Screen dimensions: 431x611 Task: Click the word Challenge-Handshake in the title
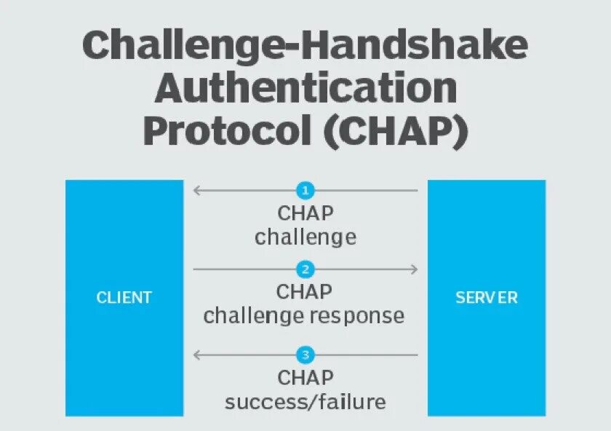click(x=305, y=46)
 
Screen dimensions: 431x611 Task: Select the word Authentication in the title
click(x=305, y=89)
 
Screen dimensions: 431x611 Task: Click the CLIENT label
click(x=124, y=298)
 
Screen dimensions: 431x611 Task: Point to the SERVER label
click(x=487, y=298)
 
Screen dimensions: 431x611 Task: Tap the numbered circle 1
click(x=305, y=191)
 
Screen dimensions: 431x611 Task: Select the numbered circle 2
click(x=305, y=269)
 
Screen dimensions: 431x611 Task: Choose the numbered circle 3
click(x=305, y=355)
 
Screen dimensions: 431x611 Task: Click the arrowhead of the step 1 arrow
click(x=196, y=191)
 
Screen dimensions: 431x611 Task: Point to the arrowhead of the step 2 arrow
click(x=415, y=269)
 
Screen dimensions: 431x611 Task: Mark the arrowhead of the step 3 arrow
click(x=196, y=355)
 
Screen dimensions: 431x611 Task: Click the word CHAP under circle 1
click(x=305, y=214)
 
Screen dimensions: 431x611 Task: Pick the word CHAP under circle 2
click(x=305, y=292)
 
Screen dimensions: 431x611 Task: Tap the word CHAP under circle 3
click(x=305, y=378)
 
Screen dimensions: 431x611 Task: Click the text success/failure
click(x=305, y=401)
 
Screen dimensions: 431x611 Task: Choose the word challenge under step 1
click(x=305, y=237)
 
